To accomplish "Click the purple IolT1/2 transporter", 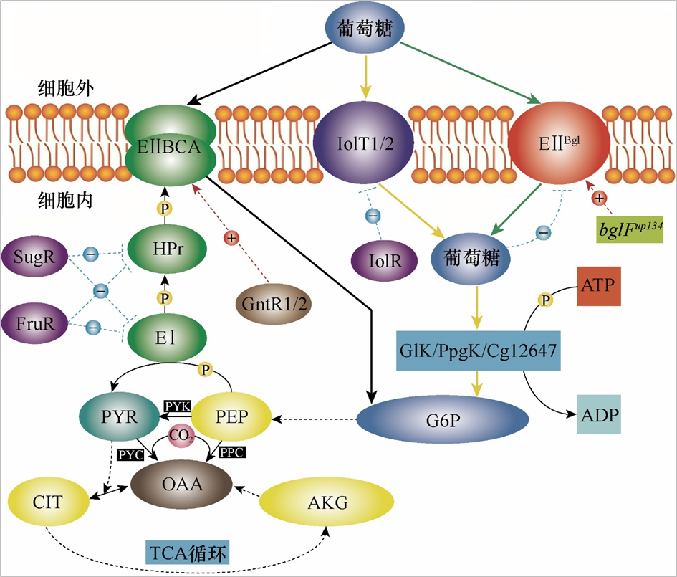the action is coord(363,143).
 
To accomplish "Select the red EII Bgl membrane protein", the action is coord(559,143).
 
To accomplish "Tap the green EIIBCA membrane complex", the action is coord(170,145).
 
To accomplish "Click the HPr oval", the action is coord(167,249).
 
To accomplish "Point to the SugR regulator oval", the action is coord(34,257).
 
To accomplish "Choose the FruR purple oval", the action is coord(34,323).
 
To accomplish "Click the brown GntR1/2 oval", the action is coord(274,304).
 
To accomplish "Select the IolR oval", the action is coord(384,260).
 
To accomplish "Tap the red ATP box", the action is coord(599,286).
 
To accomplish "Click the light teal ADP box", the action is coord(599,414).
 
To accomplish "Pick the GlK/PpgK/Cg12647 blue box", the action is coord(479,351).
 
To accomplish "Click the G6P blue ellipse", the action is coord(443,419).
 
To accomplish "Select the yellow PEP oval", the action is coord(231,416).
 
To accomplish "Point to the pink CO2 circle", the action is coord(181,436).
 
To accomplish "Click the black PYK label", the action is coord(178,406).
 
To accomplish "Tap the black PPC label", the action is coord(232,452).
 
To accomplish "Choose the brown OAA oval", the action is coord(182,484).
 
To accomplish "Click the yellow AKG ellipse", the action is coord(327,502).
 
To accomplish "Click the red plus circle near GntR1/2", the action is coord(231,237).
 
